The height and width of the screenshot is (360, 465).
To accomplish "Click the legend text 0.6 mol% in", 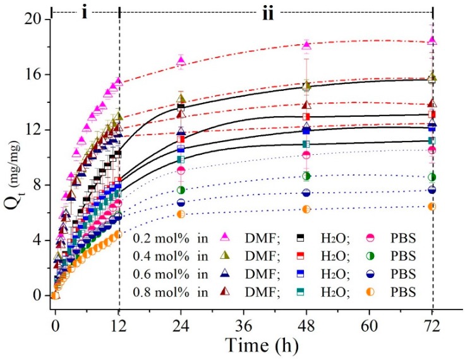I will pyautogui.click(x=164, y=275).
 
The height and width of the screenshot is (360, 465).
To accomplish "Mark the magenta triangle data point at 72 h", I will pyautogui.click(x=432, y=40).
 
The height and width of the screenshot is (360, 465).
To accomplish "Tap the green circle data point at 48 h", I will pyautogui.click(x=306, y=176).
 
